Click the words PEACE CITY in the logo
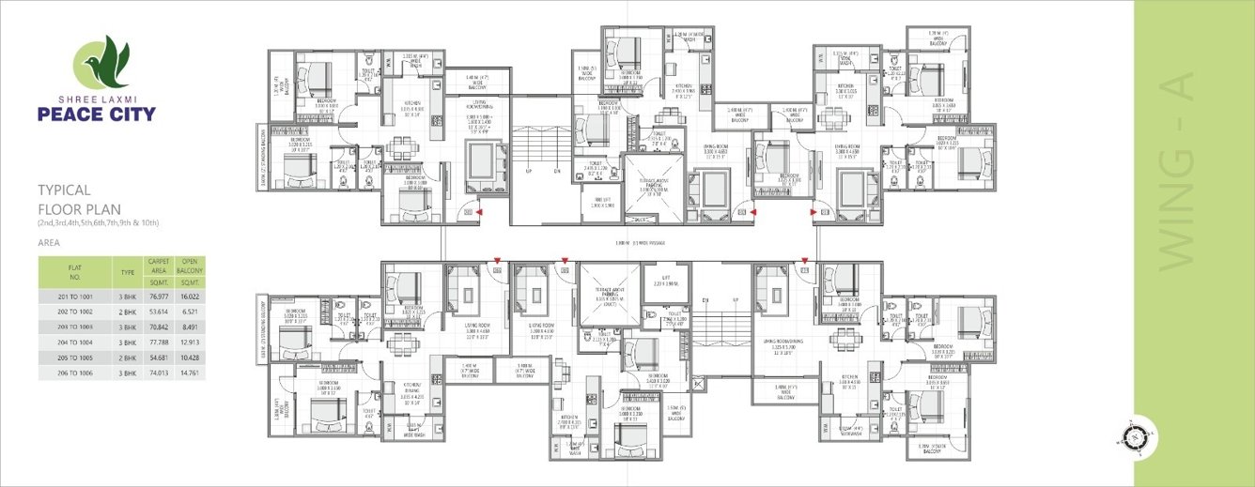(97, 115)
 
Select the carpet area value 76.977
(157, 296)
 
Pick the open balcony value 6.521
(191, 312)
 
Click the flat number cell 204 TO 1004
(75, 342)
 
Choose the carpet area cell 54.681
(157, 358)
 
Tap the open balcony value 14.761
(191, 373)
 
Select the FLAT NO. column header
(75, 273)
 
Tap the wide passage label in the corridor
(639, 243)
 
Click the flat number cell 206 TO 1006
(75, 373)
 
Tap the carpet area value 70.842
(157, 327)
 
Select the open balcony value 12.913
(191, 342)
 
